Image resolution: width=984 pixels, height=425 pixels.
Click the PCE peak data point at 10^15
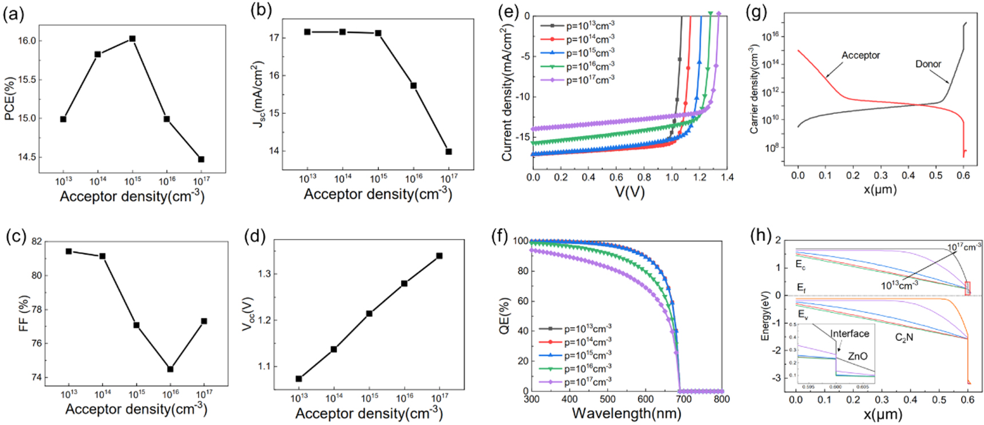click(x=132, y=39)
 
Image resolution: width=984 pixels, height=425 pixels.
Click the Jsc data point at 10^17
click(x=449, y=152)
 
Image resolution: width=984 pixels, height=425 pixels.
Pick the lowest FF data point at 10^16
click(x=170, y=369)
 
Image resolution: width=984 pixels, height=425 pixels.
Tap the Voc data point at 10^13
click(x=299, y=379)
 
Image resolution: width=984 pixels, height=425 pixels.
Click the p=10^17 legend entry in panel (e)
click(x=589, y=80)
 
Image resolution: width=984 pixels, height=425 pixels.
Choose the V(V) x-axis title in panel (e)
click(x=629, y=192)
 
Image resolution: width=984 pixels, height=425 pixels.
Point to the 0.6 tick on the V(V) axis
click(x=616, y=177)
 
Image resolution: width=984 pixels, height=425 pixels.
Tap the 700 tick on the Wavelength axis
click(x=683, y=399)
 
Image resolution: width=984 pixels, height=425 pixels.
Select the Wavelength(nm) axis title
click(x=626, y=413)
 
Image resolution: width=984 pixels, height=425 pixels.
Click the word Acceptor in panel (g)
click(x=860, y=55)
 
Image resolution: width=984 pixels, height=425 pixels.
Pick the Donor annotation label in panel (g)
click(x=928, y=64)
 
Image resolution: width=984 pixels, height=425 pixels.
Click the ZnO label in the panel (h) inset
click(x=857, y=356)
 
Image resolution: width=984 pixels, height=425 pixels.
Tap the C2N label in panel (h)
click(x=904, y=337)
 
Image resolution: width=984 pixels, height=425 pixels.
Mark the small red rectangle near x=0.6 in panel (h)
click(x=967, y=288)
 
